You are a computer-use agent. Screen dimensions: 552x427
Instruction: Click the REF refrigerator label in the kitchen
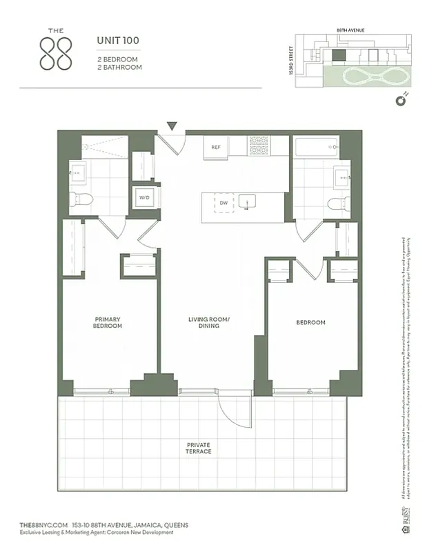tap(216, 147)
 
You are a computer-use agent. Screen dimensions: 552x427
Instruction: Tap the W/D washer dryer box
tap(145, 197)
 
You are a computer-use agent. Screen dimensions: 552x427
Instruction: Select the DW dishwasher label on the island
tap(224, 203)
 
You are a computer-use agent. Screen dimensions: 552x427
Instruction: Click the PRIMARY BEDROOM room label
tap(108, 322)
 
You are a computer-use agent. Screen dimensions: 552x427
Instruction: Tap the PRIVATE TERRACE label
tap(199, 448)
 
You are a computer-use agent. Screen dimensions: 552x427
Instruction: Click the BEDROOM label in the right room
tap(310, 322)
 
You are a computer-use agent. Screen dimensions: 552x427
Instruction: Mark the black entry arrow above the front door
tap(172, 126)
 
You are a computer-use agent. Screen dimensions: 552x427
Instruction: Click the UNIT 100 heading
tap(117, 41)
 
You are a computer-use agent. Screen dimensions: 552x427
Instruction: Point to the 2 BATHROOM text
tap(119, 68)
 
